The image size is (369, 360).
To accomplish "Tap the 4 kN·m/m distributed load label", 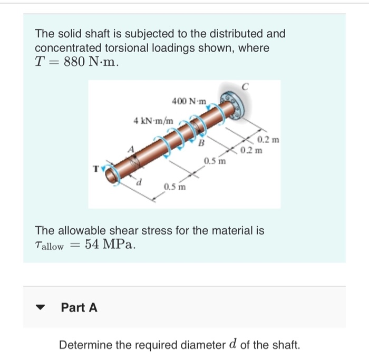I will pos(153,121).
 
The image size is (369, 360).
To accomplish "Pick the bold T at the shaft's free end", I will pos(95,170).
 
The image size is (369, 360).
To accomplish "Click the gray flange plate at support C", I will pos(238,105).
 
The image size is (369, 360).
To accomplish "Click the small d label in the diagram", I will pos(139,183).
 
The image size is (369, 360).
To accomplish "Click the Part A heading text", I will pos(79,307).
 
